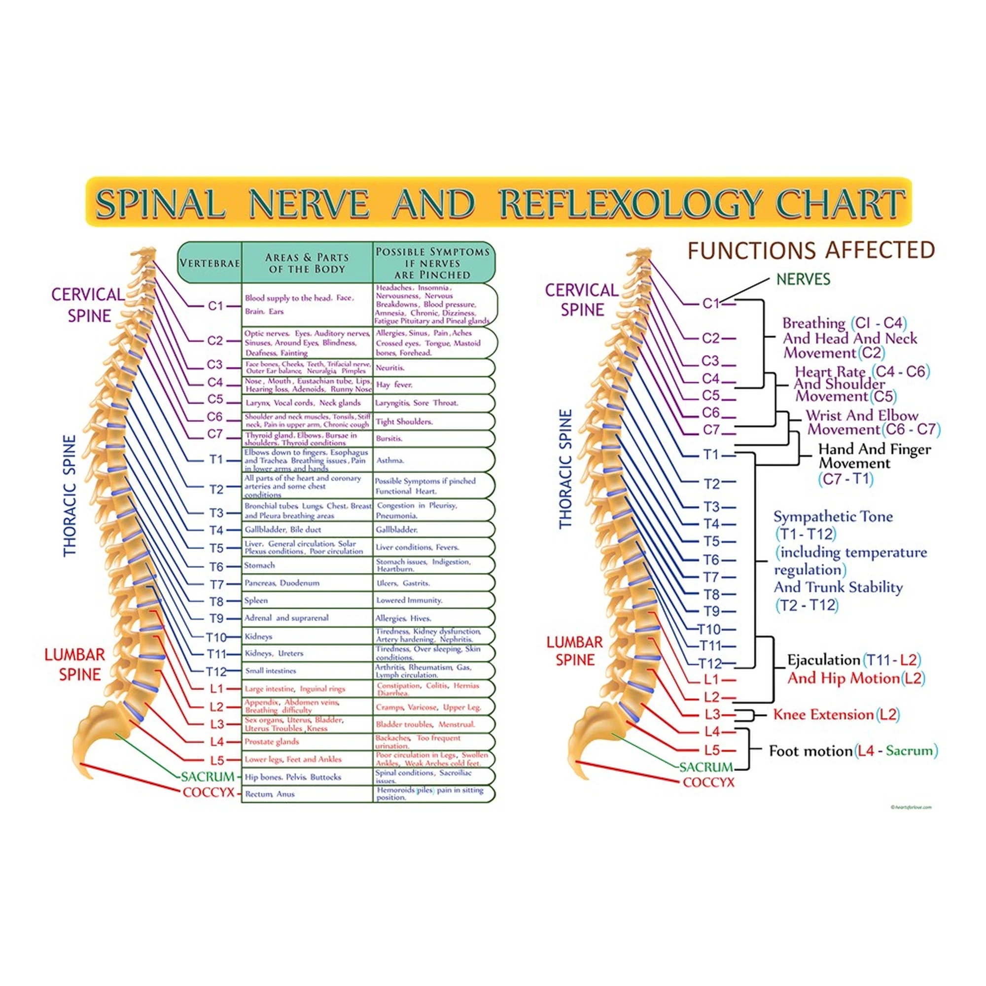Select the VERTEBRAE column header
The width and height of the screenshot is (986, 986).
(x=209, y=263)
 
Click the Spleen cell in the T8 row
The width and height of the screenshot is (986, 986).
(x=256, y=600)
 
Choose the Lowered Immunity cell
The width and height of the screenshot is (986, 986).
(x=409, y=600)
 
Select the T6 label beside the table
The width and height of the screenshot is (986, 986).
(x=216, y=567)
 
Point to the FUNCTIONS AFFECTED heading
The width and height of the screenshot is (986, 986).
(x=811, y=250)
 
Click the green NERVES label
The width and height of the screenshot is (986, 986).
(x=803, y=279)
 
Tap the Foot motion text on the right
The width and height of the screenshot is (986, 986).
(x=810, y=751)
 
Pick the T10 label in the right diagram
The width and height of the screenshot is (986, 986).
(x=709, y=629)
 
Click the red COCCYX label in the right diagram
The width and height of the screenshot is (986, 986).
(x=708, y=782)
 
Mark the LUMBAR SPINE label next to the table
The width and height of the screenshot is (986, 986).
(x=75, y=665)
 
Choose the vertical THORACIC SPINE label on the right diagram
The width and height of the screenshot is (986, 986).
(x=566, y=468)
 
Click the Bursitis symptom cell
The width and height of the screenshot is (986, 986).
(x=389, y=438)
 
